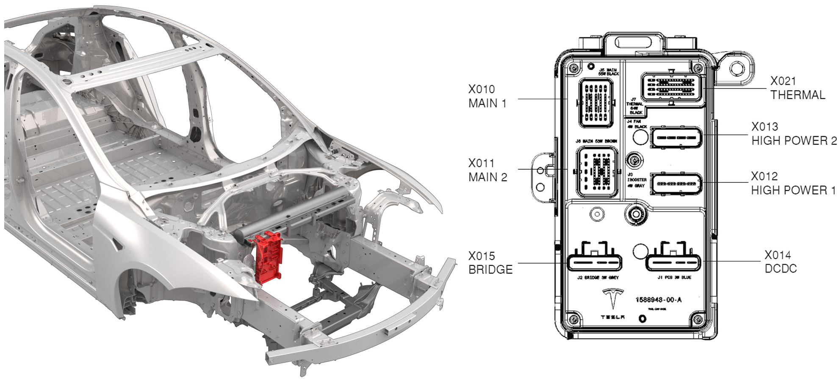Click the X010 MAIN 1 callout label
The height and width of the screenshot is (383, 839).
(487, 96)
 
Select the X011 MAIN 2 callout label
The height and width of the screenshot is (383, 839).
(487, 170)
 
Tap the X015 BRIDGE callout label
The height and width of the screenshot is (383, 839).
(490, 262)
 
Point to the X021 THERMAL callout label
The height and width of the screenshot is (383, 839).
(797, 88)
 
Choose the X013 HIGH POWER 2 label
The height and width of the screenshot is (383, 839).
(794, 134)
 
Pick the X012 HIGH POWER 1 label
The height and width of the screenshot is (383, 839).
(793, 183)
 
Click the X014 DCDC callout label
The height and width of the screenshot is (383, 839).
(780, 262)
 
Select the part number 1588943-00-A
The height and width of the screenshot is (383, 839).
(658, 300)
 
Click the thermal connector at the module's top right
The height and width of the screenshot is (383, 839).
(671, 87)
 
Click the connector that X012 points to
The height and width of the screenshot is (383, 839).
(676, 184)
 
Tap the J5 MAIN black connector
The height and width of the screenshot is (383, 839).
(596, 102)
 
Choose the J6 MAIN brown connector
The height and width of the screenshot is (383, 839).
(596, 172)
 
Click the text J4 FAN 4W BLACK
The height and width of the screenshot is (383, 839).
(637, 124)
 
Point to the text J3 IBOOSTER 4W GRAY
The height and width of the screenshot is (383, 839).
(636, 180)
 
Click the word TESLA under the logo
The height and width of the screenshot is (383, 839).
(612, 317)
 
